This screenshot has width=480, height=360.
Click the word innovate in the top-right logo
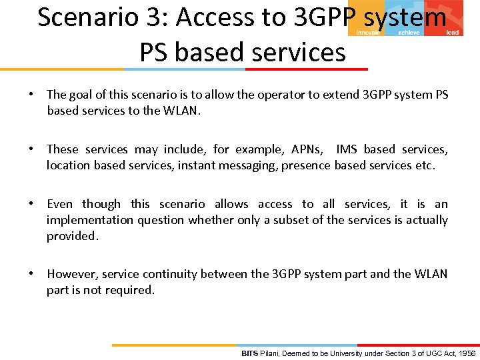click(368, 32)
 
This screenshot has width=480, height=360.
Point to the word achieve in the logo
click(409, 32)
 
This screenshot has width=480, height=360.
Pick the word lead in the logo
click(452, 32)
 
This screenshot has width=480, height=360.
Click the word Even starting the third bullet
click(60, 204)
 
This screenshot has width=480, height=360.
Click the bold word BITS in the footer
click(249, 353)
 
